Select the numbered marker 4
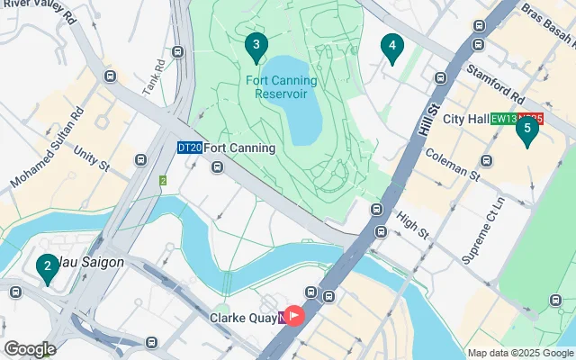pyautogui.click(x=391, y=46)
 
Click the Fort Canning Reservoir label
pyautogui.click(x=281, y=86)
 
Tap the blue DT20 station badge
pyautogui.click(x=189, y=148)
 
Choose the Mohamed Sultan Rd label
pyautogui.click(x=47, y=149)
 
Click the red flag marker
pyautogui.click(x=294, y=317)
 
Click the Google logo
pyautogui.click(x=30, y=349)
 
